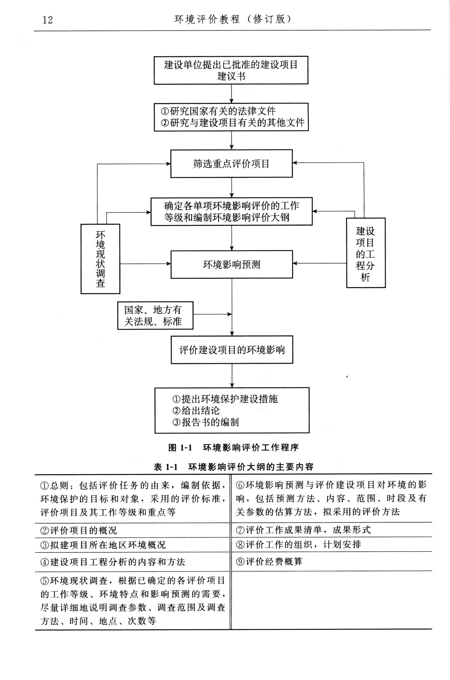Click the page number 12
coord(48,20)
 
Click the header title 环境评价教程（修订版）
coord(232,19)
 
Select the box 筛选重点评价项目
coord(231,163)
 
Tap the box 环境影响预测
coord(232,264)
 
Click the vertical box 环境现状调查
coord(100,259)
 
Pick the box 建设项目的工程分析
coord(365,253)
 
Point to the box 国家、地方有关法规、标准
coord(155,316)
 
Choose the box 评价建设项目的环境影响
coord(232,350)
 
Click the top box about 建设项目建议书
coord(231,70)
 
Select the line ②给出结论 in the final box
coord(196,410)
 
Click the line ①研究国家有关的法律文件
coord(218,111)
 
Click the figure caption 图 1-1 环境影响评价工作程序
coord(233,448)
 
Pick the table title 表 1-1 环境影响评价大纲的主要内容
coord(233,467)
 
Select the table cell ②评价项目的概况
coord(79,530)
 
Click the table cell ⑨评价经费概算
coord(269,561)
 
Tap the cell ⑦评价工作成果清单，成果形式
coord(303,530)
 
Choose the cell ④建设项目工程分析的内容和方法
coord(113,562)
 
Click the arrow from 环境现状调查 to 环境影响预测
coord(145,264)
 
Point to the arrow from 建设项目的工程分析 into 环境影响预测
coord(319,263)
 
